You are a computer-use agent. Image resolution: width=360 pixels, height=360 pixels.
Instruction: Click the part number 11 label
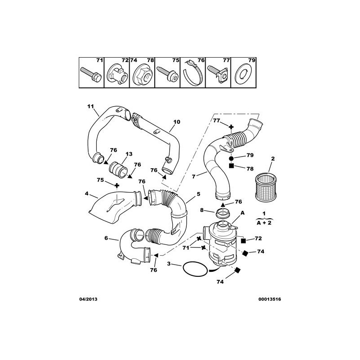pyautogui.click(x=90, y=106)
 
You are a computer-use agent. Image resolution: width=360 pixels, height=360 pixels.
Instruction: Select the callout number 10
pyautogui.click(x=176, y=121)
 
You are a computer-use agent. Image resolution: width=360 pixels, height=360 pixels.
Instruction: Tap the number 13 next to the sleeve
pyautogui.click(x=129, y=154)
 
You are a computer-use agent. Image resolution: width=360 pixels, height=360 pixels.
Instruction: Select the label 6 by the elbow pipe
pyautogui.click(x=107, y=238)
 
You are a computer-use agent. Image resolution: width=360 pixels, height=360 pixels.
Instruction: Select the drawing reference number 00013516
pyautogui.click(x=261, y=299)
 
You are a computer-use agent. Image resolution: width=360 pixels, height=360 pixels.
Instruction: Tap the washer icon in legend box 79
pyautogui.click(x=243, y=73)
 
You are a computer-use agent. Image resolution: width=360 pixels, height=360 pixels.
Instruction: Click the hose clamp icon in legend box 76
pyautogui.click(x=193, y=75)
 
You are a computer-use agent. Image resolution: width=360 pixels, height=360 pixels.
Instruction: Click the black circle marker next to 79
pyautogui.click(x=231, y=159)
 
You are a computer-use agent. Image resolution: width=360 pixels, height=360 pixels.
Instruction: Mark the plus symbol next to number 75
pyautogui.click(x=117, y=185)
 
